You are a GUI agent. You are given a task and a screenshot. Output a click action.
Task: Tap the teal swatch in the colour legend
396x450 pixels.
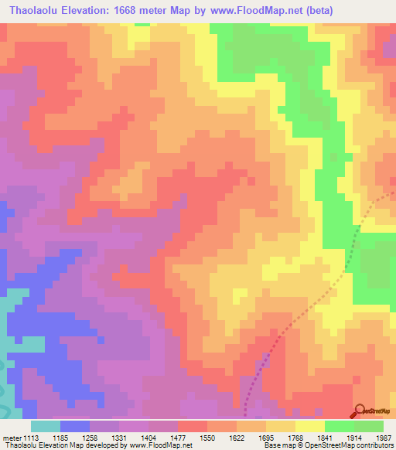pos(46,427)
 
